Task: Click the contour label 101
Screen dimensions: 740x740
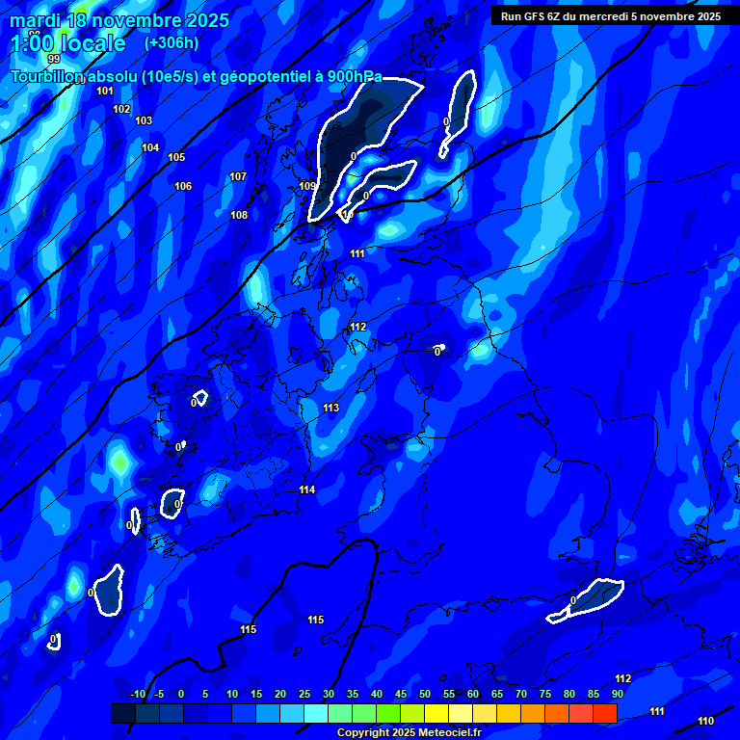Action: coord(105,91)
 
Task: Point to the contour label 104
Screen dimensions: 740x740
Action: coord(150,147)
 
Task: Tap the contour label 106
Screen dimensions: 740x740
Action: coord(183,186)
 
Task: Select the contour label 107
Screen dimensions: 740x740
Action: coord(238,176)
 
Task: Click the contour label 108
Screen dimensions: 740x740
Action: coord(239,215)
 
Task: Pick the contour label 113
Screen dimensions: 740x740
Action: coord(330,409)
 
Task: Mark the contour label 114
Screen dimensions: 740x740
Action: coord(307,490)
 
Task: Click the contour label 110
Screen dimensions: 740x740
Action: coord(706,721)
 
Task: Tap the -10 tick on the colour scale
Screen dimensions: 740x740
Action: coord(137,694)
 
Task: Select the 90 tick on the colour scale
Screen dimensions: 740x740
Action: coord(617,694)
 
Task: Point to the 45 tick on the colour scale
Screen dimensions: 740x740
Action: coord(401,694)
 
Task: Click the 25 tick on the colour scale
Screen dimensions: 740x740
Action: coord(304,694)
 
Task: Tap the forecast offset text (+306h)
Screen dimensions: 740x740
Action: coord(171,42)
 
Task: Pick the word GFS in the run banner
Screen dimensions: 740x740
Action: coord(533,16)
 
